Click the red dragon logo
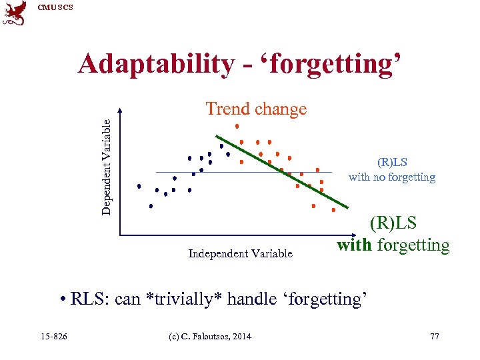tap(14, 13)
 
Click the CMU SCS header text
tap(55, 7)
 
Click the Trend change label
tap(256, 109)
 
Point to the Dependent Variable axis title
tap(107, 161)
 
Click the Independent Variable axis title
tap(240, 253)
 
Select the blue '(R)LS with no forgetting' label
tap(392, 170)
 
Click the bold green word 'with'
tap(354, 245)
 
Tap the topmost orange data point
tap(237, 125)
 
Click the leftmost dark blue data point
tap(139, 187)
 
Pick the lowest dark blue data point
tap(151, 206)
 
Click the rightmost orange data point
tap(333, 209)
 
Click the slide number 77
tap(435, 336)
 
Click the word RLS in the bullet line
tap(89, 299)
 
